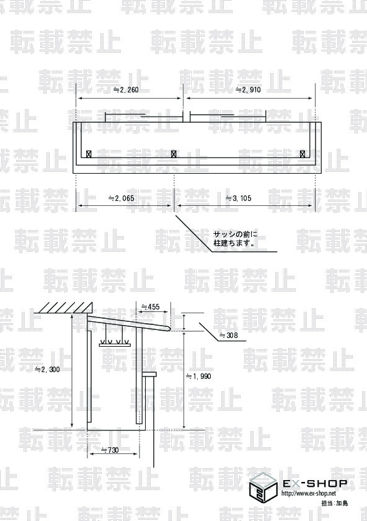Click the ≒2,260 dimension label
click(x=126, y=90)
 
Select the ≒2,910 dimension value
click(x=248, y=90)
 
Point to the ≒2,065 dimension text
click(x=122, y=198)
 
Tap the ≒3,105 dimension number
click(x=239, y=198)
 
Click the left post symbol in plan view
click(x=89, y=154)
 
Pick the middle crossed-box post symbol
click(x=174, y=154)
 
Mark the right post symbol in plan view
click(x=303, y=154)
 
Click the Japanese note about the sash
click(x=234, y=239)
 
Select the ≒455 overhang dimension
click(x=151, y=306)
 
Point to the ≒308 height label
click(x=229, y=336)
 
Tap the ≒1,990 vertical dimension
click(x=198, y=376)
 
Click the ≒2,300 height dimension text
click(x=48, y=370)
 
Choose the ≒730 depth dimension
click(x=110, y=450)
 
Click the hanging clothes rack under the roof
click(x=114, y=338)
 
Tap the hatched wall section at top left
click(x=63, y=308)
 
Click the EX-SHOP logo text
click(x=314, y=483)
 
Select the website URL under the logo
click(x=309, y=493)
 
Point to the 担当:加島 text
click(x=335, y=503)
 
